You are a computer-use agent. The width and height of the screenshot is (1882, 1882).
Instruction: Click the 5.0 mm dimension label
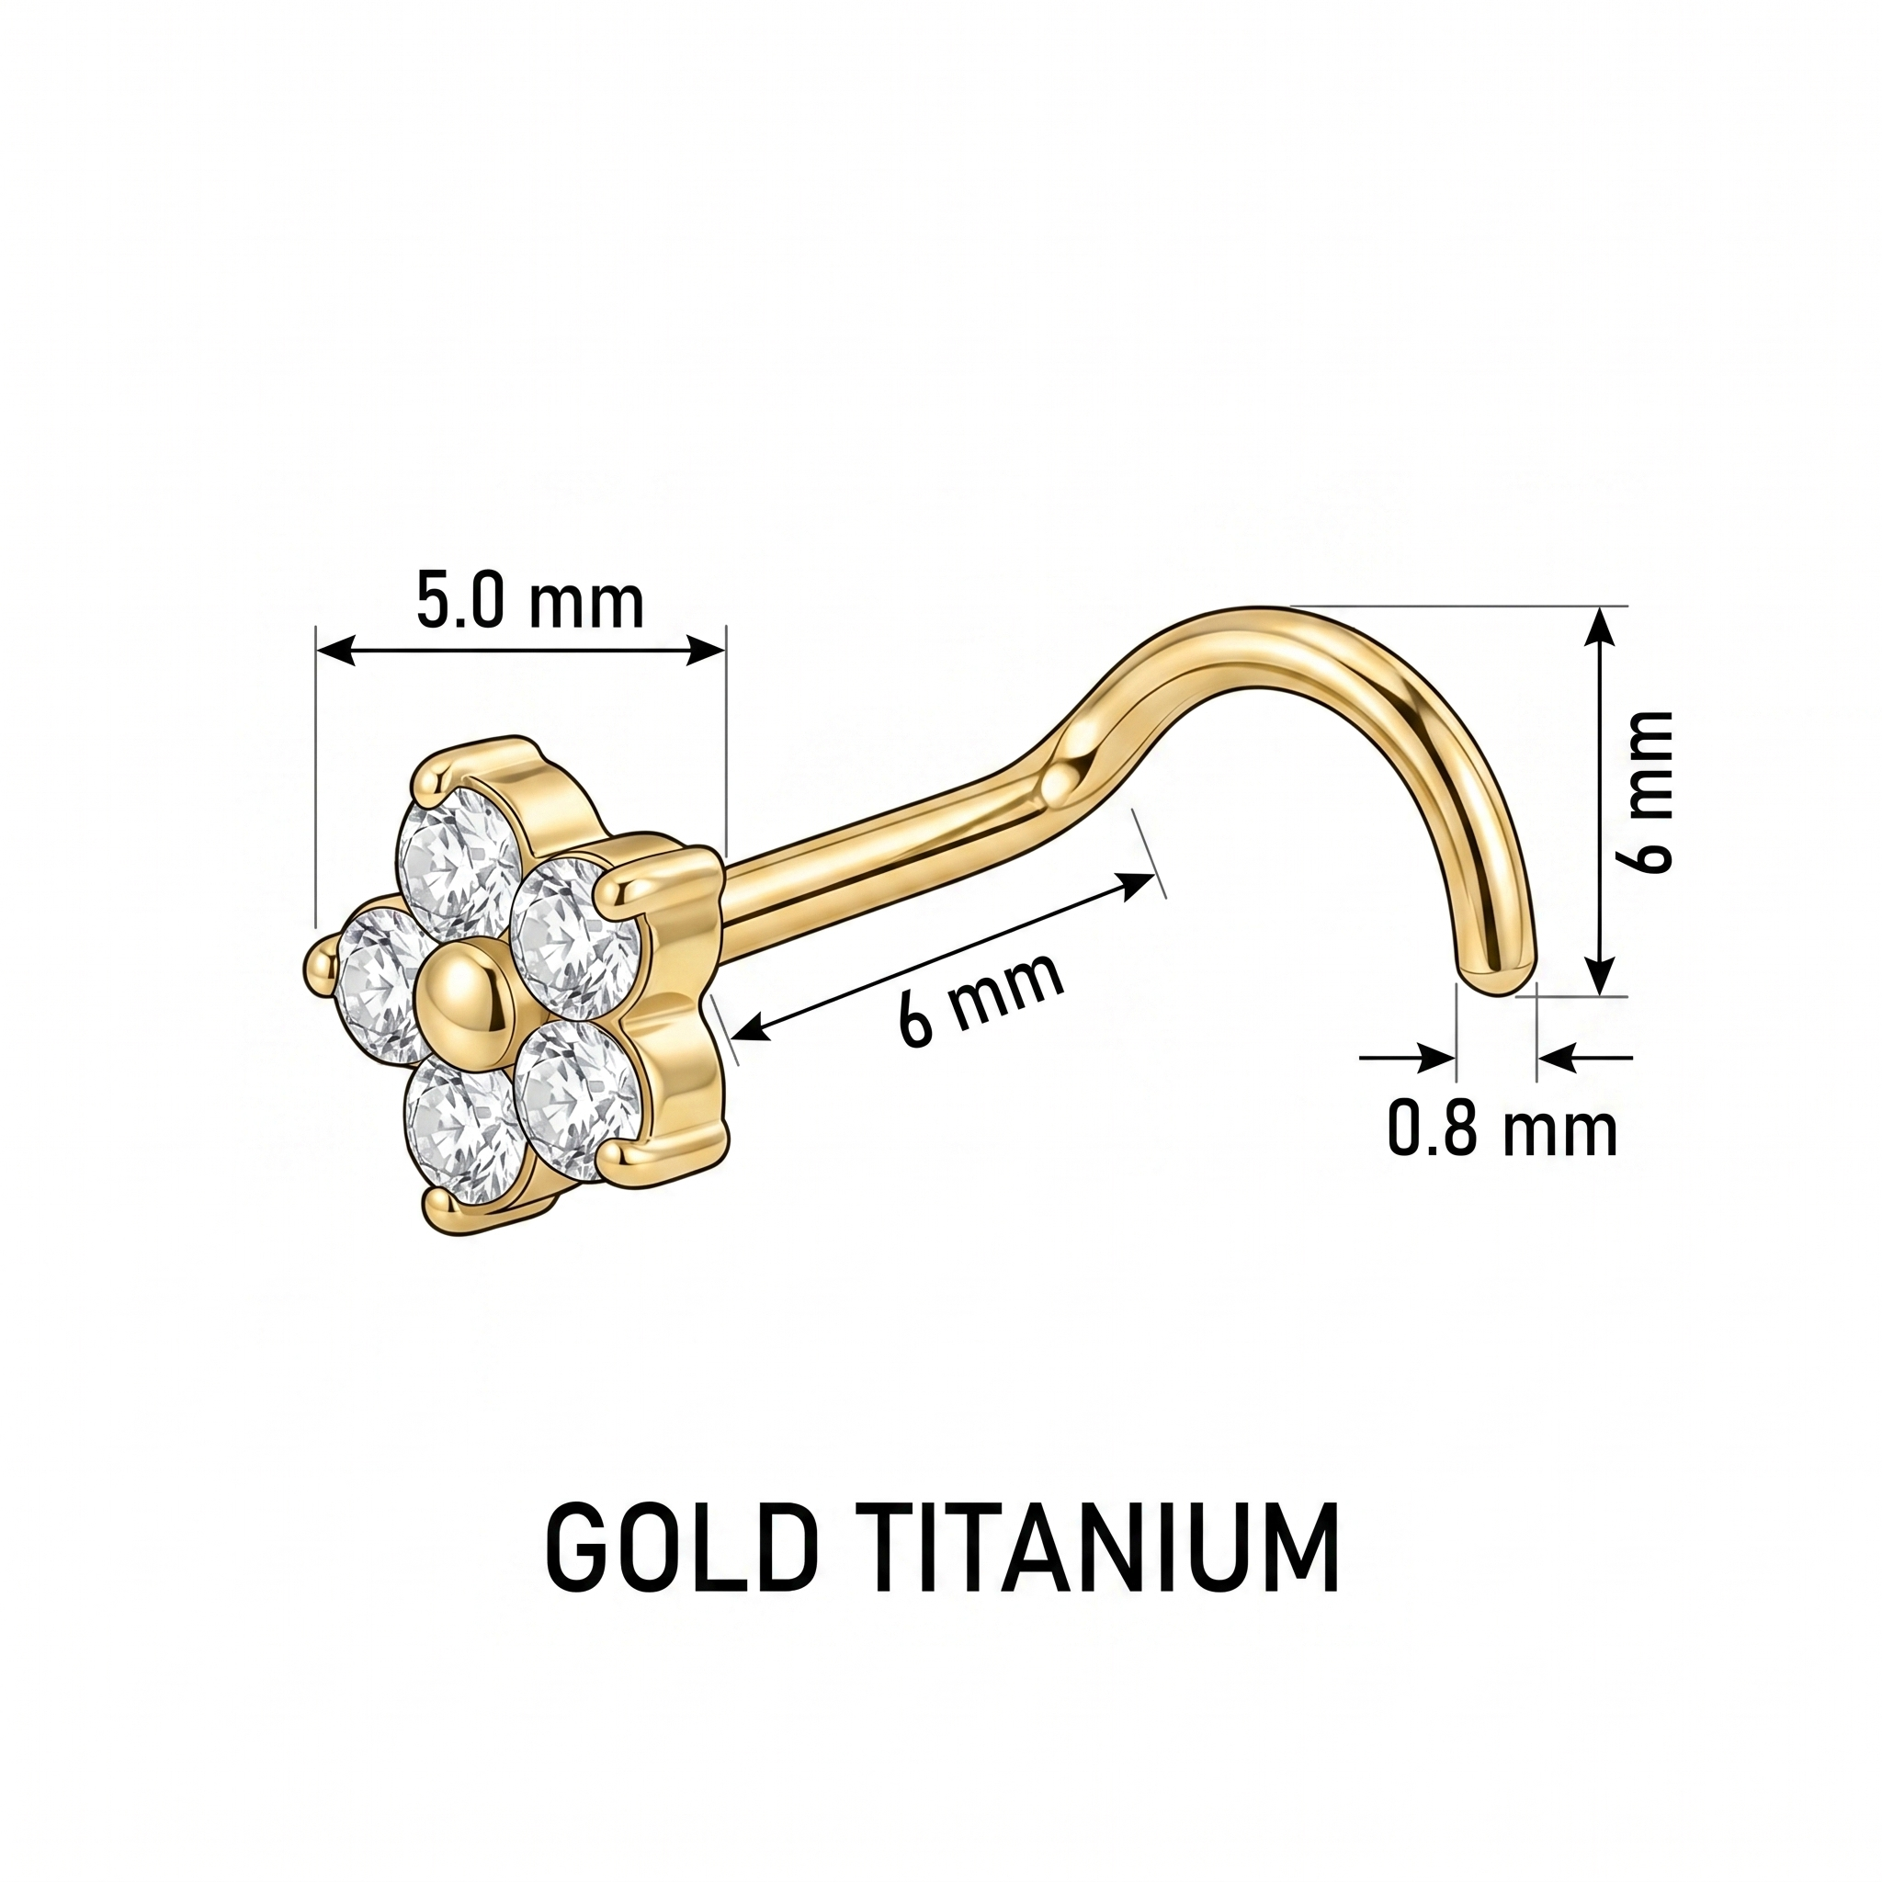click(x=530, y=602)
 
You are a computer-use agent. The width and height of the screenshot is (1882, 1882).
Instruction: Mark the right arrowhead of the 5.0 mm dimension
click(x=704, y=650)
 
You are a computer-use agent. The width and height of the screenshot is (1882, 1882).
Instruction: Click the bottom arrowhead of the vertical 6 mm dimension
click(x=1597, y=975)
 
